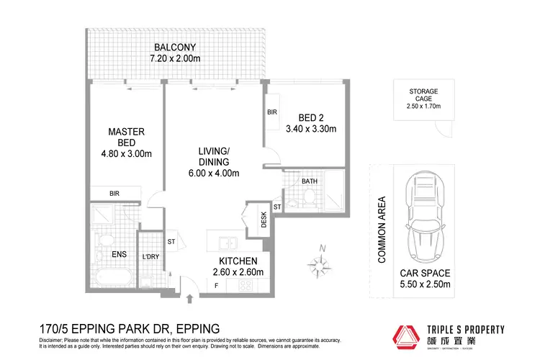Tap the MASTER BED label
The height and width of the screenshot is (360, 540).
point(127,137)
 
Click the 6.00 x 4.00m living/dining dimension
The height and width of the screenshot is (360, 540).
point(215,173)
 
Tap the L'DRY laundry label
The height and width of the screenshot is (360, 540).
point(150,256)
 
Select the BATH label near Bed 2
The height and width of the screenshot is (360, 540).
point(310,181)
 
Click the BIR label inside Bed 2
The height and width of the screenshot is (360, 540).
point(271,113)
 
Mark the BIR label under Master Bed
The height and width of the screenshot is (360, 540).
point(114,194)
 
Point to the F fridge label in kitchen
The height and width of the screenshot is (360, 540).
point(215,286)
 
